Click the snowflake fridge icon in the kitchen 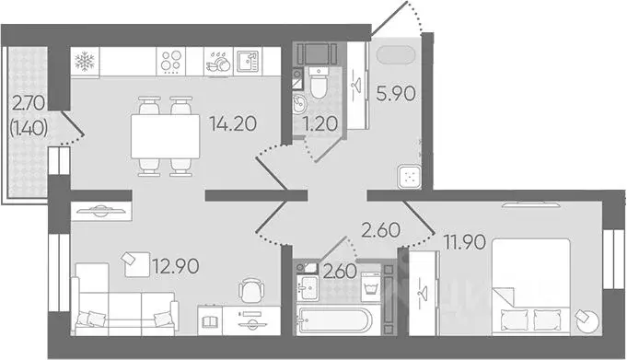[85, 63]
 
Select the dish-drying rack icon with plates [219, 63]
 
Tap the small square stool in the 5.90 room [408, 178]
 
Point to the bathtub [332, 321]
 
